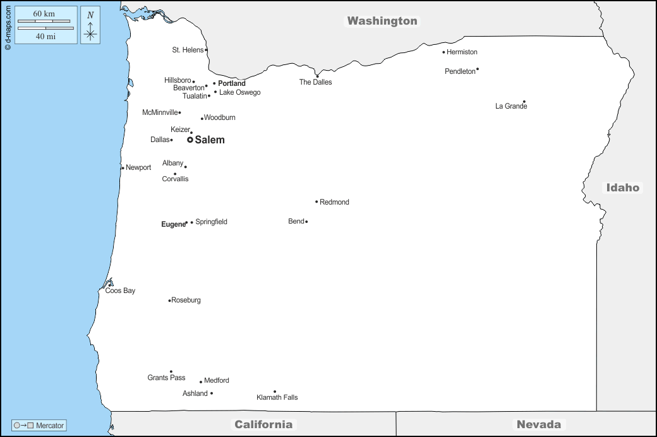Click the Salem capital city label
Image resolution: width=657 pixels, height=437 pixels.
point(209,140)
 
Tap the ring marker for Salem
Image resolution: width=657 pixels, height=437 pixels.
point(190,140)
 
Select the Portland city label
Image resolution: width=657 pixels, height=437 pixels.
point(232,83)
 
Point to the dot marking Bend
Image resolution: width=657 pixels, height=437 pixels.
point(306,222)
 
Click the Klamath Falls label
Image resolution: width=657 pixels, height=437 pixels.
point(277,397)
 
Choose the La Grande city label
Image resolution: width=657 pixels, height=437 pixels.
point(510,106)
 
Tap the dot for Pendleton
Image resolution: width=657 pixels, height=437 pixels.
point(478,69)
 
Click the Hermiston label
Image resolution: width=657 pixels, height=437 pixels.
point(462,52)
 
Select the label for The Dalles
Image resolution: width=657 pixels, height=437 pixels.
point(315,82)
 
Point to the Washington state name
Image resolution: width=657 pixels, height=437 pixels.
point(382,21)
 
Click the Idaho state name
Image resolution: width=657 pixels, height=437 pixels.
point(623,187)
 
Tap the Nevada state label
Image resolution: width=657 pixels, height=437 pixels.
point(538,424)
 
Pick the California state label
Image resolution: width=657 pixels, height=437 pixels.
point(263,424)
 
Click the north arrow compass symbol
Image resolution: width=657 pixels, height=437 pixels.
point(90,26)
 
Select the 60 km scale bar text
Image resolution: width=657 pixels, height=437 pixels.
point(44,14)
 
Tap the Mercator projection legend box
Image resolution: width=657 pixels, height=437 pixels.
point(39,426)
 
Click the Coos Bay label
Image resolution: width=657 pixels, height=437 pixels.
point(120,290)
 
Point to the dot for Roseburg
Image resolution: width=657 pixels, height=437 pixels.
point(169,301)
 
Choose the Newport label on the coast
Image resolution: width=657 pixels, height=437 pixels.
point(138,167)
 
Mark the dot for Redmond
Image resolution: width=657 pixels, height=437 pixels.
point(316,202)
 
